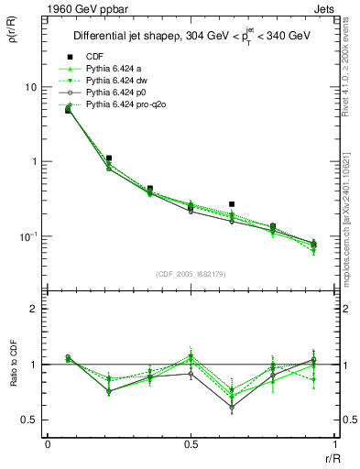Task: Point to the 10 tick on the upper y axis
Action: [x=31, y=87]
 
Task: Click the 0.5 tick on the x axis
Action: [x=190, y=444]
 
